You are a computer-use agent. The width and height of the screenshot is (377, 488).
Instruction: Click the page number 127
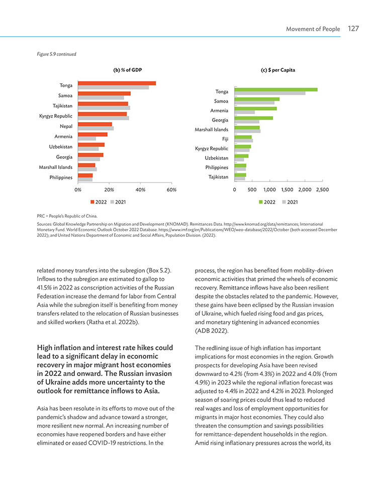353,29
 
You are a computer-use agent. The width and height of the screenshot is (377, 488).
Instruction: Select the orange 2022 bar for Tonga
117,83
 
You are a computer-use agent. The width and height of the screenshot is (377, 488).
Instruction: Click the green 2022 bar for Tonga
276,89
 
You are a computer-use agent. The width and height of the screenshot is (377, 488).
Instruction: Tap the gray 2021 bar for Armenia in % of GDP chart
87,139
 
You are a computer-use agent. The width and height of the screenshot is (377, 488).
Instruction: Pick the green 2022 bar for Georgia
254,118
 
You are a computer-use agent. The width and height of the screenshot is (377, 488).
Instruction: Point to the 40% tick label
140,189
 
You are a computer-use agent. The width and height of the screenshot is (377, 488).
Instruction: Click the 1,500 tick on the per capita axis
287,189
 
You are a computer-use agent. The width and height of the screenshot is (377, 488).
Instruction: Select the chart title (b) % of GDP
128,70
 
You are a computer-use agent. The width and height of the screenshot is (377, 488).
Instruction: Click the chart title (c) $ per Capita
278,70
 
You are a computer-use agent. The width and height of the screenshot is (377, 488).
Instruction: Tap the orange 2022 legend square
92,202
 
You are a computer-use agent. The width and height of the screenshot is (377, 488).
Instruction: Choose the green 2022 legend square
261,202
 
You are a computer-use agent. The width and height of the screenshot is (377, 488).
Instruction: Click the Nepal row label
66,126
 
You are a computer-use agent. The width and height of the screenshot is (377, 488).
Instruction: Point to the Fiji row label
225,139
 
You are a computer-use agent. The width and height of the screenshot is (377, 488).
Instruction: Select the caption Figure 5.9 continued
56,54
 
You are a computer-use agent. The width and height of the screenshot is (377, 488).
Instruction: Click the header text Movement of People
313,29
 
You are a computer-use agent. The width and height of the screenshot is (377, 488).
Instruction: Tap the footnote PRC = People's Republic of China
67,216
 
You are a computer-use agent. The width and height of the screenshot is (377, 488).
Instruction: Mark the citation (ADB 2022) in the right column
212,331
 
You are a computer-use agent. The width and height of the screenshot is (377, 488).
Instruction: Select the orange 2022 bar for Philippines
85,175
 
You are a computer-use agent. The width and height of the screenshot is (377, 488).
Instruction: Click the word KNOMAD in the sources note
176,224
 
